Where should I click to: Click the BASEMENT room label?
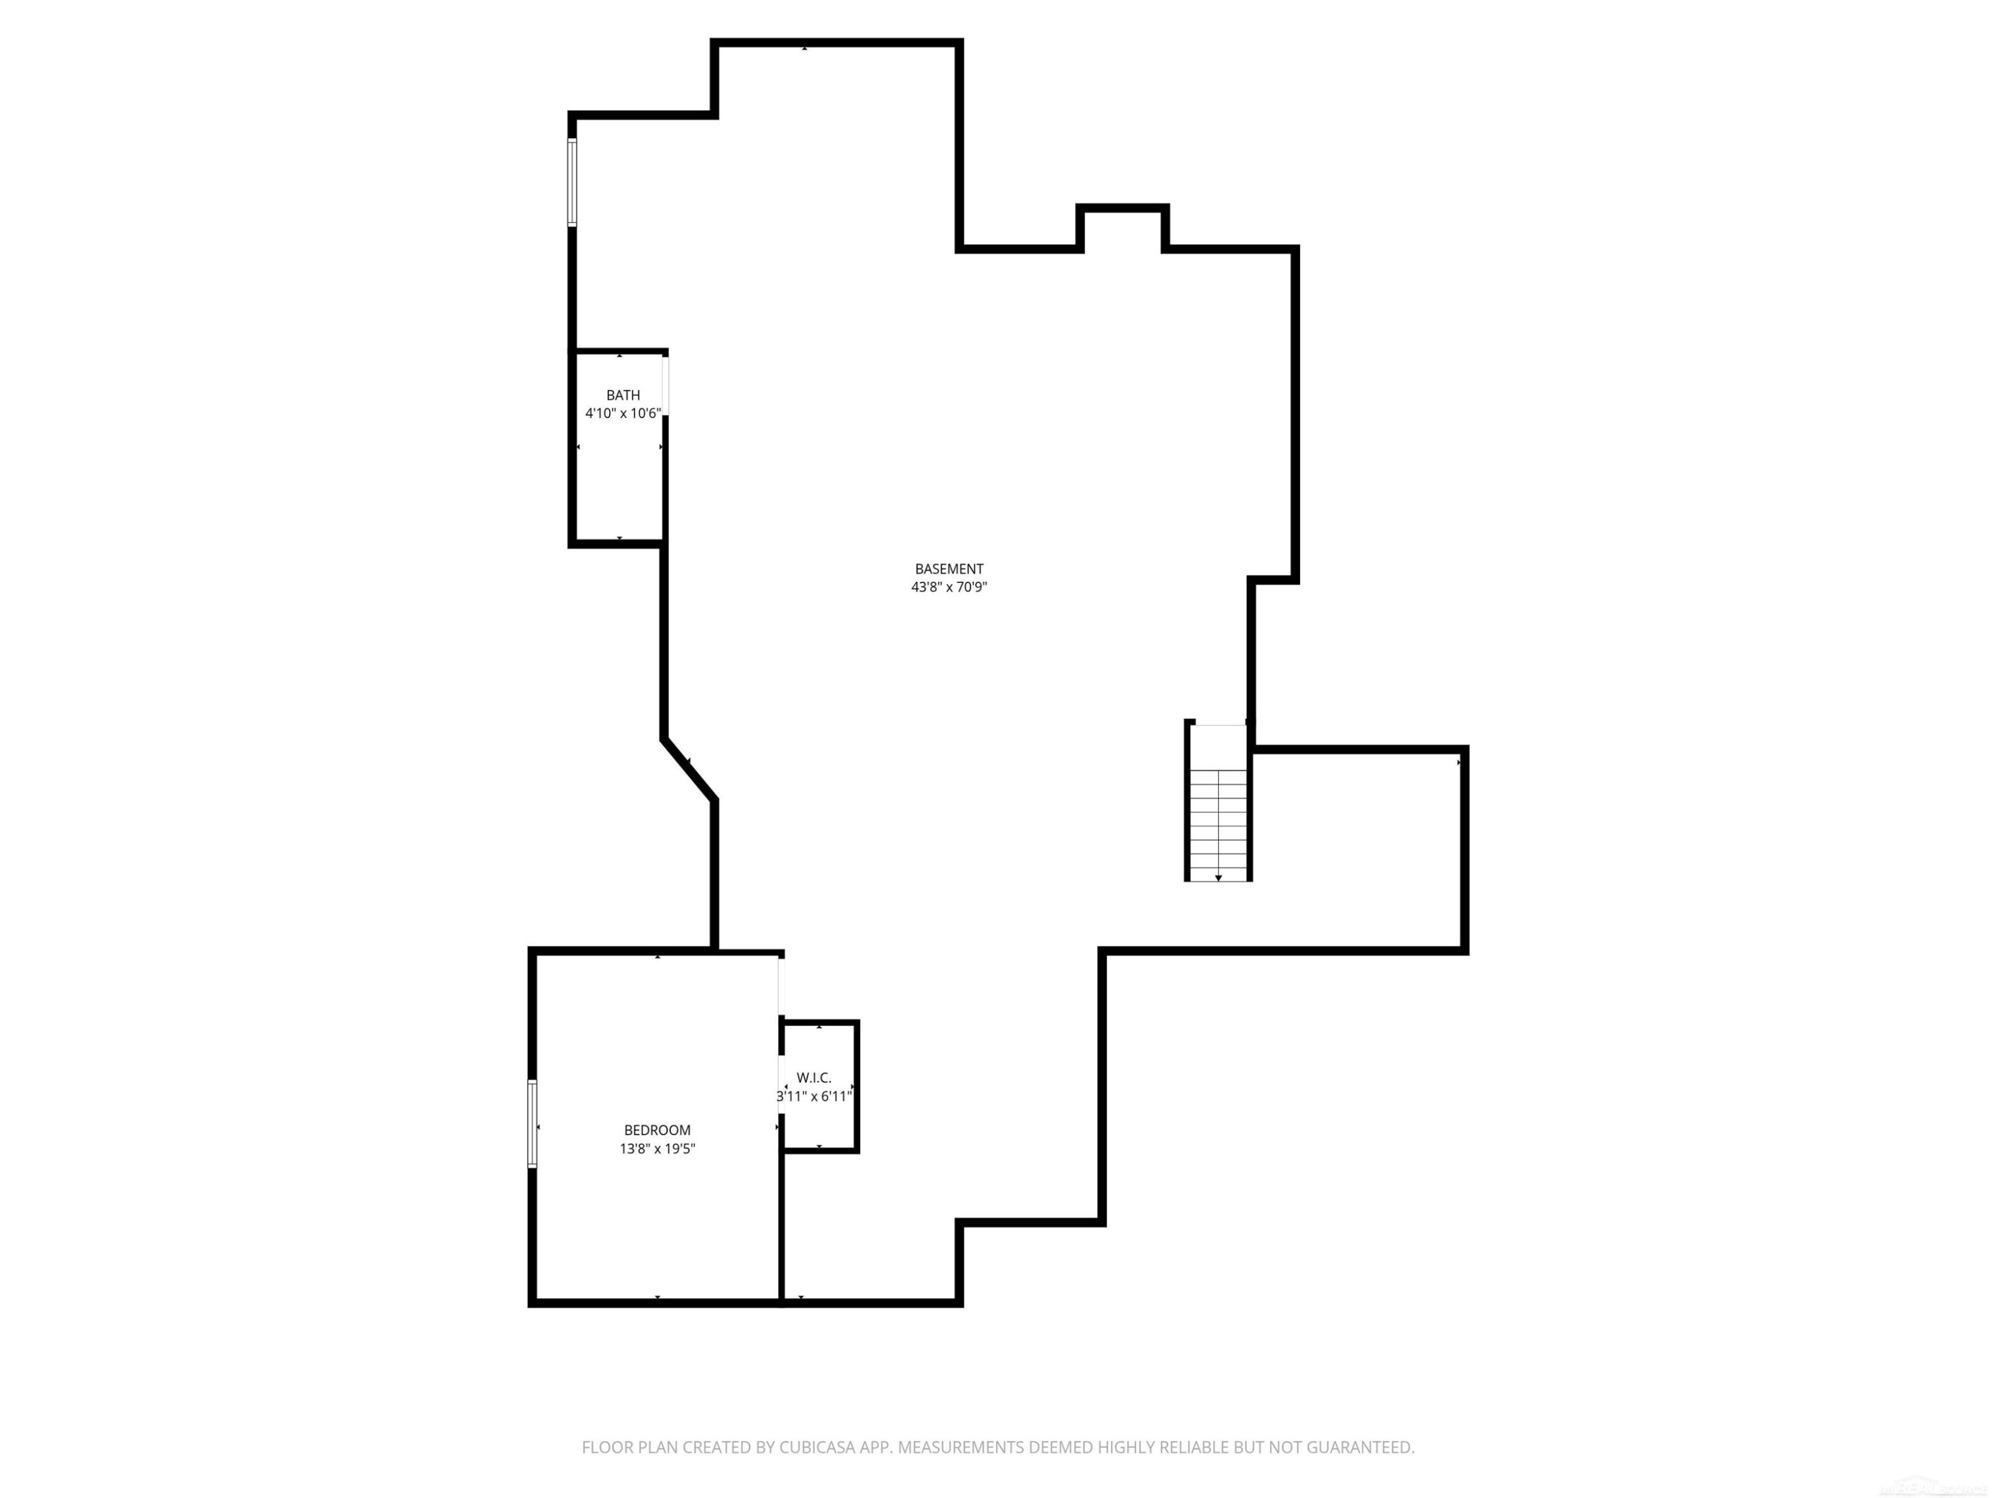(949, 569)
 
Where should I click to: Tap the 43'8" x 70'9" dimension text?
(949, 587)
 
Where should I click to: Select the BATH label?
(623, 395)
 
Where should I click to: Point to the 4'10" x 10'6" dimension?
(623, 413)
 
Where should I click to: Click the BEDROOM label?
(657, 1130)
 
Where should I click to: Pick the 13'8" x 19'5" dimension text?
(657, 1149)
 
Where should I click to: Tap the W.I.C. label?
(813, 1078)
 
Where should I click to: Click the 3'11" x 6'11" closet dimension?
(814, 1096)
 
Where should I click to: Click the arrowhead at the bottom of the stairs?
(1219, 877)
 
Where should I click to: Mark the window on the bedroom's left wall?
(533, 1124)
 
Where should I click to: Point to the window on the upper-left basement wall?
(572, 182)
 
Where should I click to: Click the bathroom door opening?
(666, 386)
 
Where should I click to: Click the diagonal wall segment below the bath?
(690, 768)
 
